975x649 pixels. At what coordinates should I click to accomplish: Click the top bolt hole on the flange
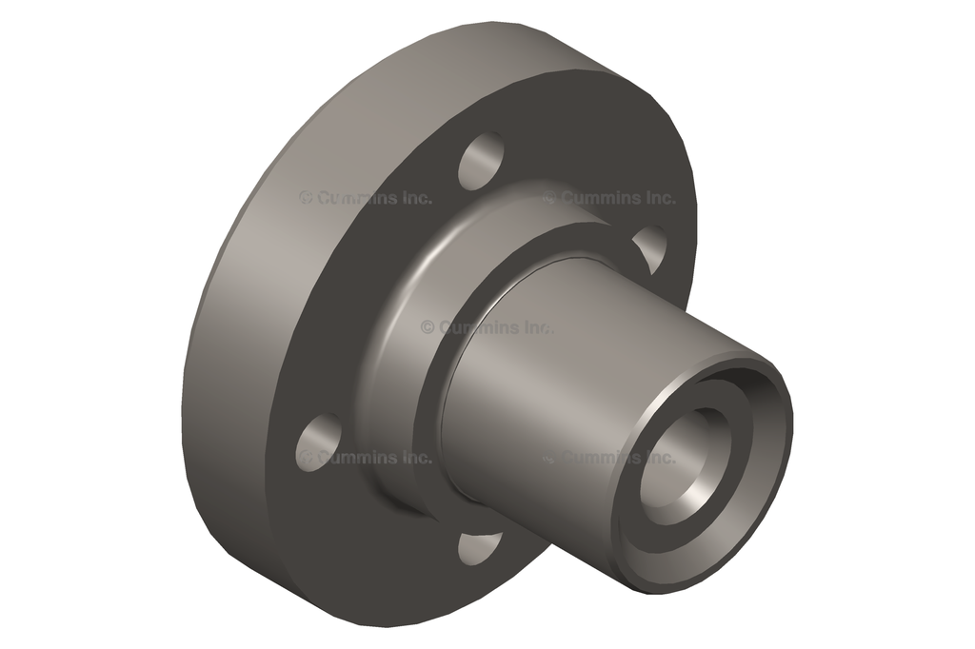click(482, 161)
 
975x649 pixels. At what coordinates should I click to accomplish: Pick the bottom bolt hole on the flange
click(479, 547)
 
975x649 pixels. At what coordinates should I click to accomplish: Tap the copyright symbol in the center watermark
click(428, 327)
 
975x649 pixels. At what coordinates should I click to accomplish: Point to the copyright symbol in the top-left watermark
click(306, 198)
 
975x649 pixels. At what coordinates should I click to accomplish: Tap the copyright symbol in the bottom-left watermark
click(306, 458)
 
